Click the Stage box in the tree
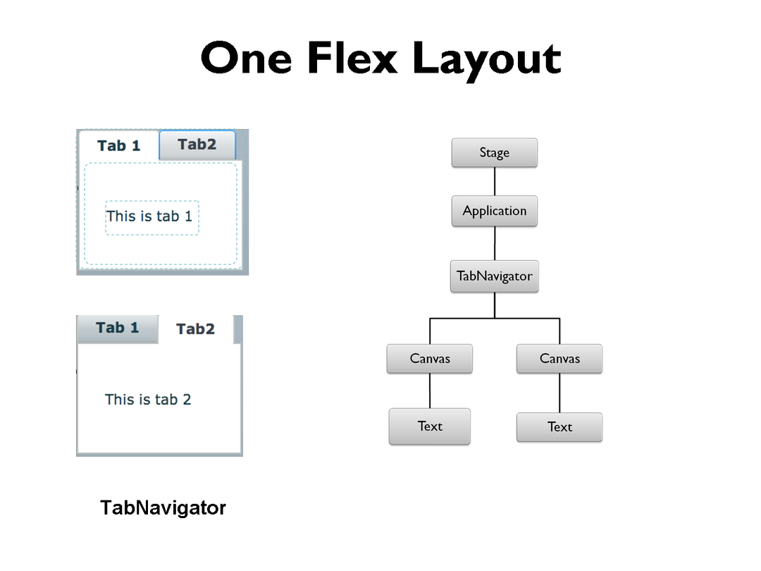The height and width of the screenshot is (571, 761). (494, 153)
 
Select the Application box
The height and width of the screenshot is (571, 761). (494, 211)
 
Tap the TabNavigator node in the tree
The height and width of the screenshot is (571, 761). (494, 276)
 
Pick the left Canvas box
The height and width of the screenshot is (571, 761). (429, 359)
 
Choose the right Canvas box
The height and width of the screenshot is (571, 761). (559, 359)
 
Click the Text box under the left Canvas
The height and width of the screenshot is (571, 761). (429, 426)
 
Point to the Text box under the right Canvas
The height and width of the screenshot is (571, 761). (559, 427)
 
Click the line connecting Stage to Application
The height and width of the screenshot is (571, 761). (494, 181)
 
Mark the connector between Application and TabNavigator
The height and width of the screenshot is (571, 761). (494, 243)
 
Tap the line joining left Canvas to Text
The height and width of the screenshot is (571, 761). (430, 391)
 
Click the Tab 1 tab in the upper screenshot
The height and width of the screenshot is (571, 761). (119, 146)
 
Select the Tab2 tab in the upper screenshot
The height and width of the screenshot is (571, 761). (197, 145)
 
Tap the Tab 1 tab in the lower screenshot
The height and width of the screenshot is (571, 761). (118, 328)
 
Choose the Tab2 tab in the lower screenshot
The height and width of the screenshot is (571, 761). (195, 329)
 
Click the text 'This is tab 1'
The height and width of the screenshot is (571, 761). (149, 216)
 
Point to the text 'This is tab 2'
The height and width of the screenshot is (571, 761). (148, 400)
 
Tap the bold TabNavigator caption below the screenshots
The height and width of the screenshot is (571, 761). (163, 508)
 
